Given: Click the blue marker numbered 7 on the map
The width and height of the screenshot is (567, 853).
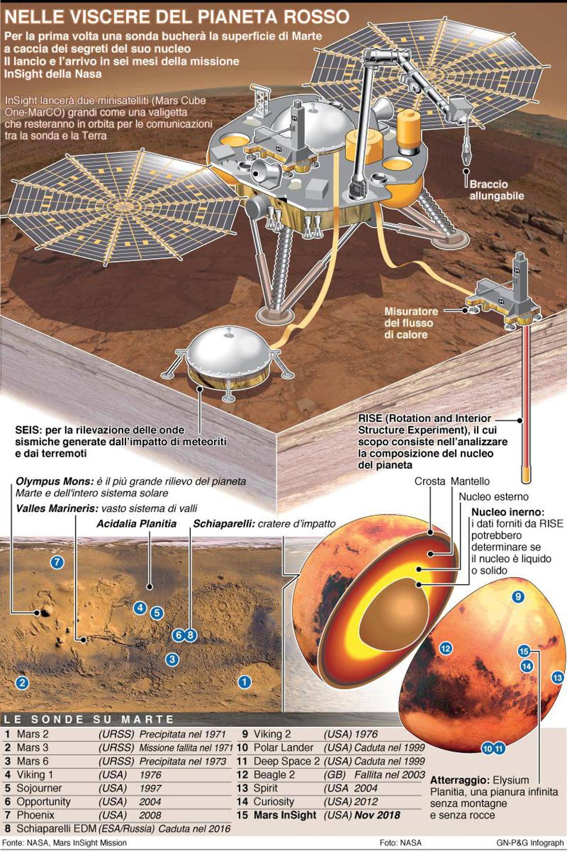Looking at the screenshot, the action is (x=57, y=562).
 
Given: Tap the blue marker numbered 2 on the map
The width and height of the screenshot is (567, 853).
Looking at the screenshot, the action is (x=22, y=682).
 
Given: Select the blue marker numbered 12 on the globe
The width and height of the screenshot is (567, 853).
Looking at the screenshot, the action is (x=446, y=648).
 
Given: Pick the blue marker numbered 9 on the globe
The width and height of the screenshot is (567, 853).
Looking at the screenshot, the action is (x=518, y=596).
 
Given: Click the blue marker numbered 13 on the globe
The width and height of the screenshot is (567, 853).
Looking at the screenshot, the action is (x=558, y=678).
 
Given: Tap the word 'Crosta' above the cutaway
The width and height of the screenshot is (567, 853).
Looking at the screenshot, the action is (x=430, y=482).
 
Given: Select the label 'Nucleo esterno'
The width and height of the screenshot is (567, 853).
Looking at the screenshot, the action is (x=494, y=497).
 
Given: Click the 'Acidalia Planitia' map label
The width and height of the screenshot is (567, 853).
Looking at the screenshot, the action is (x=137, y=524).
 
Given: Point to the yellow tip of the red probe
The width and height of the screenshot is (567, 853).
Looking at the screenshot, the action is (x=526, y=474).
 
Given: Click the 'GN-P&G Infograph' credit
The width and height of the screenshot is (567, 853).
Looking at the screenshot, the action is (x=530, y=843).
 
